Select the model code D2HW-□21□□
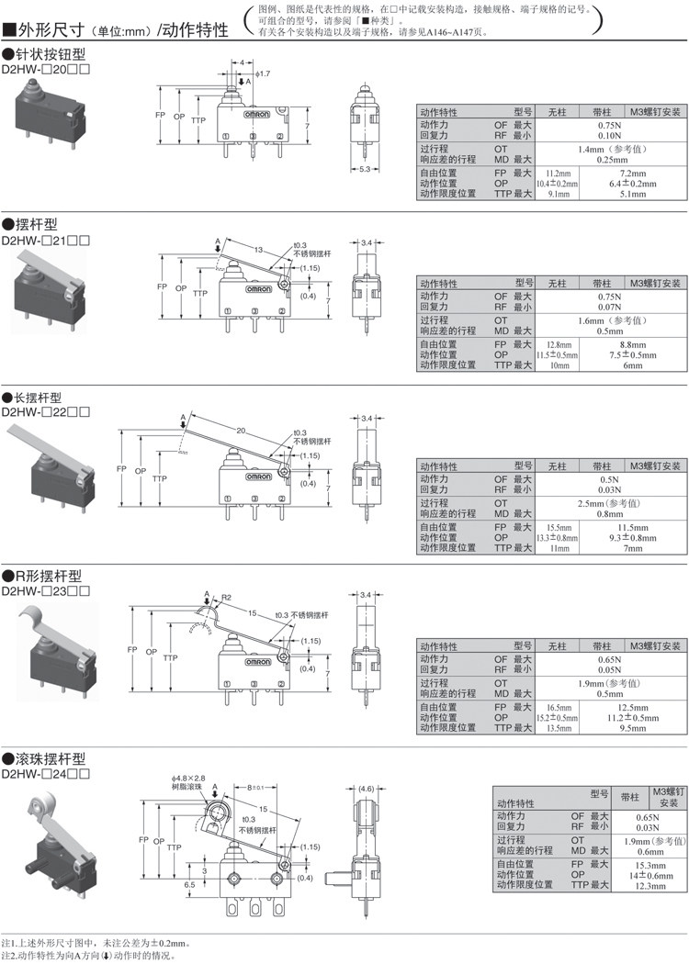(46, 238)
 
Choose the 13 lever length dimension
(260, 249)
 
